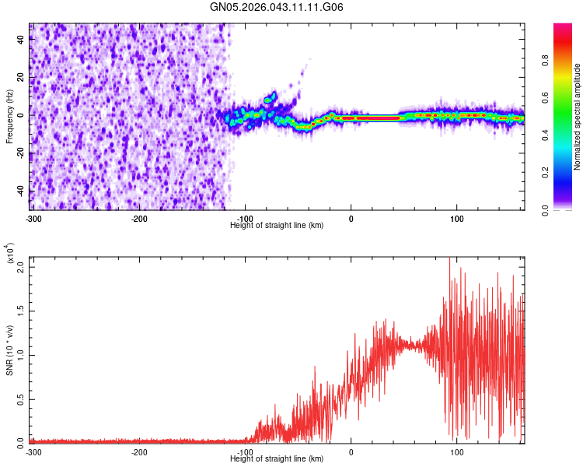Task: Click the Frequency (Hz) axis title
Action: [9, 117]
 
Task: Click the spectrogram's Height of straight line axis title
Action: [277, 225]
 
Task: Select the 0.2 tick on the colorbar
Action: [568, 173]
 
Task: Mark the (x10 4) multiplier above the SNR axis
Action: [11, 254]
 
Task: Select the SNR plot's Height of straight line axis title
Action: [277, 458]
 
